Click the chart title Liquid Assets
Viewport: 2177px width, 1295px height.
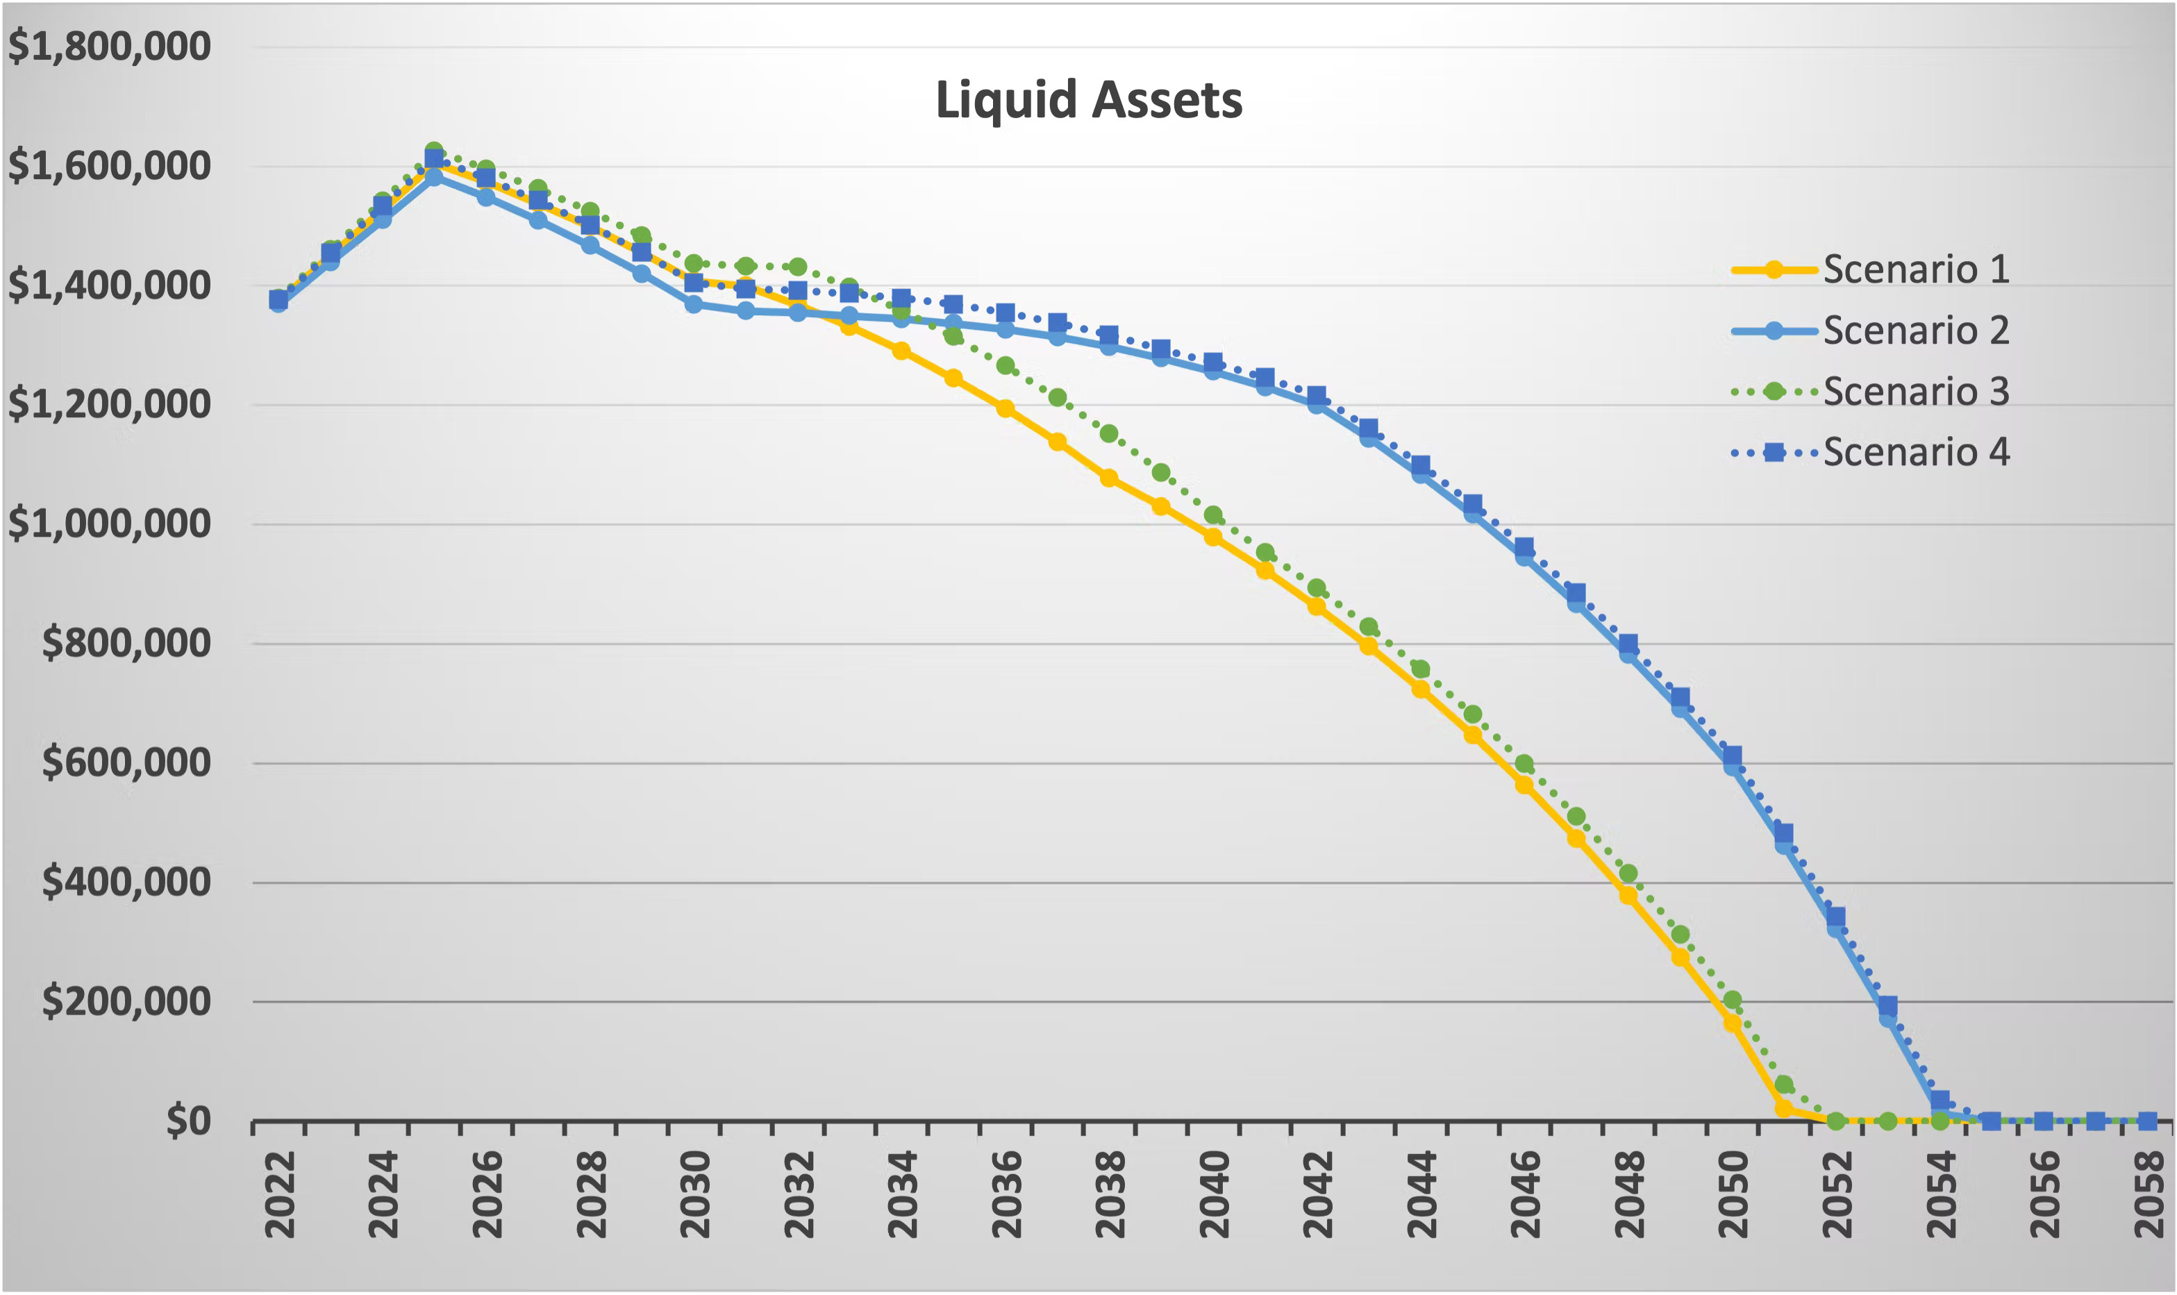coord(1088,101)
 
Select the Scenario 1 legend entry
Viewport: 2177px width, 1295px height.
coord(1915,269)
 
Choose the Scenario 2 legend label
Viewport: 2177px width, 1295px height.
coord(1915,330)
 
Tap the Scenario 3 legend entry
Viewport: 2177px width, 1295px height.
coord(1915,391)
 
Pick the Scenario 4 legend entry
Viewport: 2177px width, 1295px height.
coord(1915,452)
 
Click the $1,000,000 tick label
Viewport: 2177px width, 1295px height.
coord(109,523)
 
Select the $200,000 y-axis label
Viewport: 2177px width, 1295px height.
coord(126,1000)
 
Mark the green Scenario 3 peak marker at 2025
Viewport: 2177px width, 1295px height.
coord(433,151)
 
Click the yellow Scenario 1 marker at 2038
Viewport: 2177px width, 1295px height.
coord(1108,478)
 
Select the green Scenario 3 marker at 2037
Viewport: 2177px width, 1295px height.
coord(1057,398)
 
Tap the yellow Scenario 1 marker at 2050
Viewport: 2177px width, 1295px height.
coord(1732,1023)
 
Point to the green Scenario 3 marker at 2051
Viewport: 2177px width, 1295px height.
coord(1783,1085)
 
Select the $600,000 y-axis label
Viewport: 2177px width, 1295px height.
coord(126,762)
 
